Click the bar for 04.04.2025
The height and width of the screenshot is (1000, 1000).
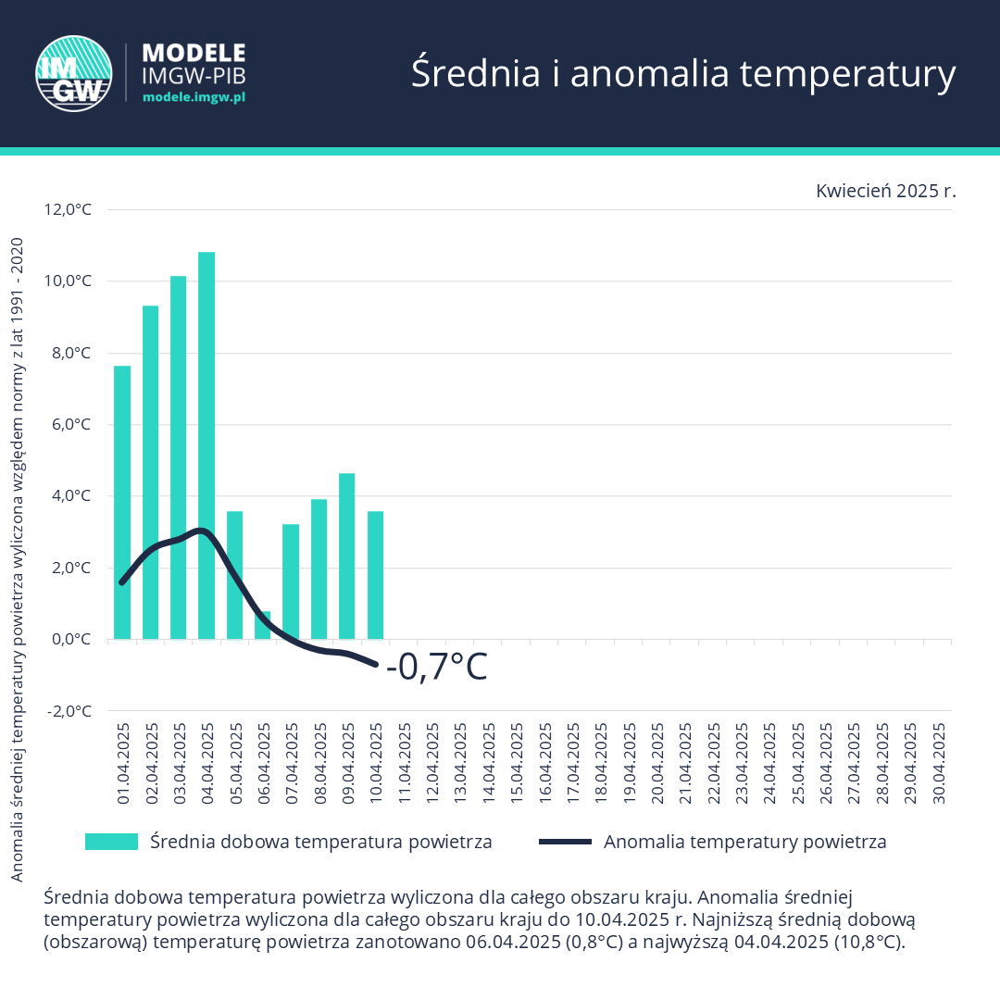(206, 444)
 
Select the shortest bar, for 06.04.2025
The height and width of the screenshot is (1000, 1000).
(263, 625)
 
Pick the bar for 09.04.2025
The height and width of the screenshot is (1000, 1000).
(347, 556)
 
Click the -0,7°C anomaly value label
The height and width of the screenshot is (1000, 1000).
(436, 668)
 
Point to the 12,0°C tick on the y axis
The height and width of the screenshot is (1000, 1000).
(69, 209)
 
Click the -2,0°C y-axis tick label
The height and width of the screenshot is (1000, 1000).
(69, 711)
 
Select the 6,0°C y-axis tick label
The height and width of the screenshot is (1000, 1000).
(69, 425)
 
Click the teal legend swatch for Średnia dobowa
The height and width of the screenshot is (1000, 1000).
(111, 842)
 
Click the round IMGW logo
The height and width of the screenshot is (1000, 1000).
(69, 71)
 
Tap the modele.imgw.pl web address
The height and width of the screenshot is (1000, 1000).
(194, 96)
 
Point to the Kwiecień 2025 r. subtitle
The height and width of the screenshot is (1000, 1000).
(885, 191)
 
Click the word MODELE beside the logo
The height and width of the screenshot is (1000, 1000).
(194, 52)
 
